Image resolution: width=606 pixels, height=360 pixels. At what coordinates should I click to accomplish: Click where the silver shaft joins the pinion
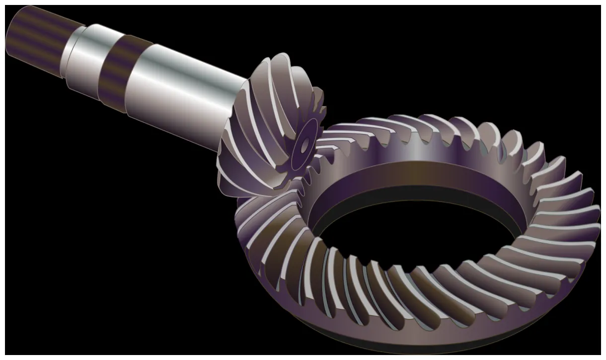[x=233, y=114]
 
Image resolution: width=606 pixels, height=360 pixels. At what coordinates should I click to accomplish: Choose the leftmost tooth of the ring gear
[x=243, y=218]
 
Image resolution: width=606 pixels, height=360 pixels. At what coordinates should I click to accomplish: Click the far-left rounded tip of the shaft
[x=9, y=37]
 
